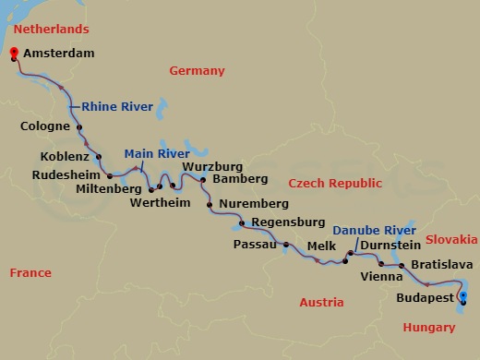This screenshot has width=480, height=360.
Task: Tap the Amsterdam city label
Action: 58,54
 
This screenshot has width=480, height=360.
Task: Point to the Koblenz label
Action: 64,157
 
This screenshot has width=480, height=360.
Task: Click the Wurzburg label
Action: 212,166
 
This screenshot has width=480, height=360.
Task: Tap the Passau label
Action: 257,245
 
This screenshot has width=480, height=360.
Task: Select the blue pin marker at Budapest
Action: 463,296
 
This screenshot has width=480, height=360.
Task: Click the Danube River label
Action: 372,229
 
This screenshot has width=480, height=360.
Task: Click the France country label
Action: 30,272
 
